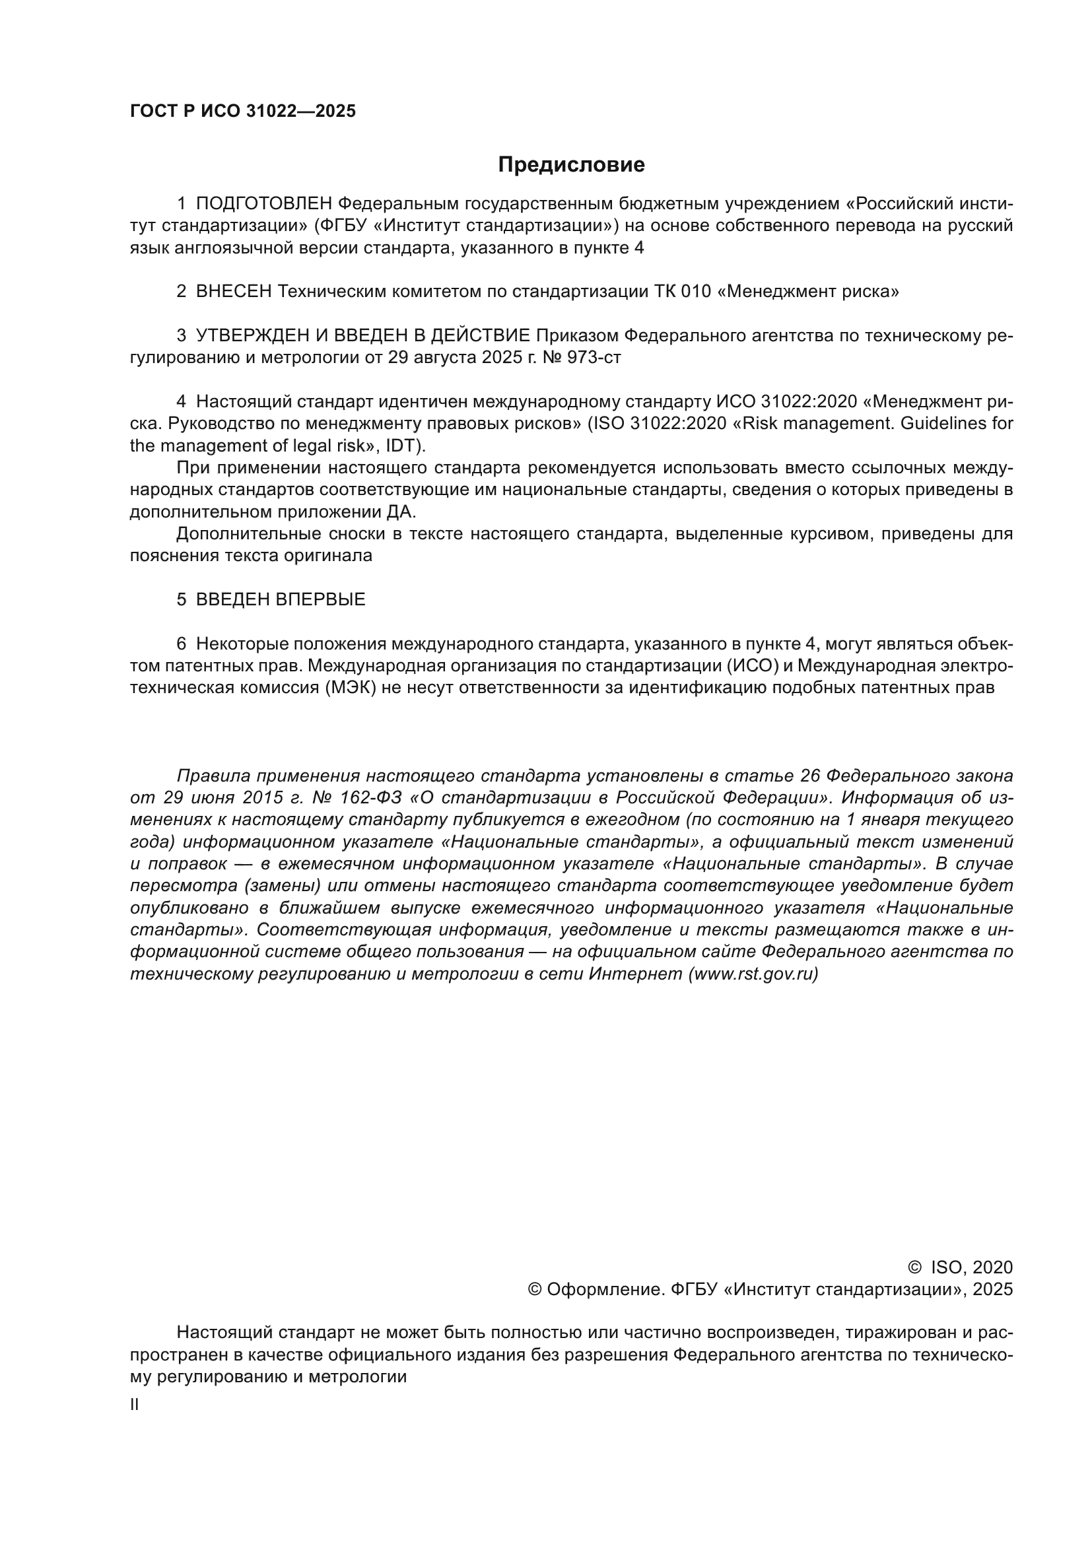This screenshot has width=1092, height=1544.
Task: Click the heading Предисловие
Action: point(571,165)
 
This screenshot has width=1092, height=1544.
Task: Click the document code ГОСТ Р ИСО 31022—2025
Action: point(243,112)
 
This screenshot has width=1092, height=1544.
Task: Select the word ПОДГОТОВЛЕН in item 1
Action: point(263,204)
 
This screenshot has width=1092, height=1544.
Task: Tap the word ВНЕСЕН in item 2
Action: point(233,292)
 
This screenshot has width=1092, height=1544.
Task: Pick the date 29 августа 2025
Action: point(452,358)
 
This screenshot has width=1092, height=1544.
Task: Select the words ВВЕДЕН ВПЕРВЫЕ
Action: point(281,599)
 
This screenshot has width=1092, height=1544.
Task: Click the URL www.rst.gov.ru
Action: point(753,974)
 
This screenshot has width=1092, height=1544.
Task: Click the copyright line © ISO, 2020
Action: point(960,1267)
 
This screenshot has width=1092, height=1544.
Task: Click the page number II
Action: point(135,1405)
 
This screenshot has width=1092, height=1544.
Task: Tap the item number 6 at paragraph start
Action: point(182,644)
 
